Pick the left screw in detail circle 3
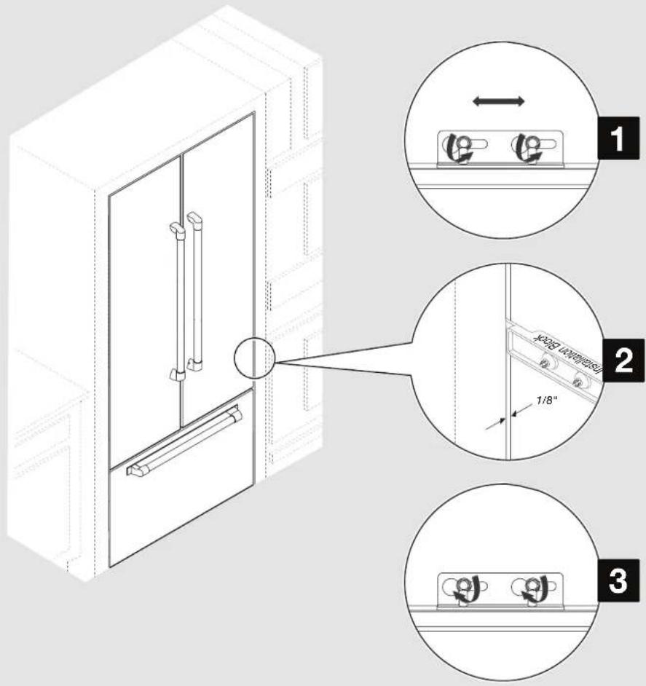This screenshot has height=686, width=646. pyautogui.click(x=462, y=586)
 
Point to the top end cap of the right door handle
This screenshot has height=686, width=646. pyautogui.click(x=194, y=217)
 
